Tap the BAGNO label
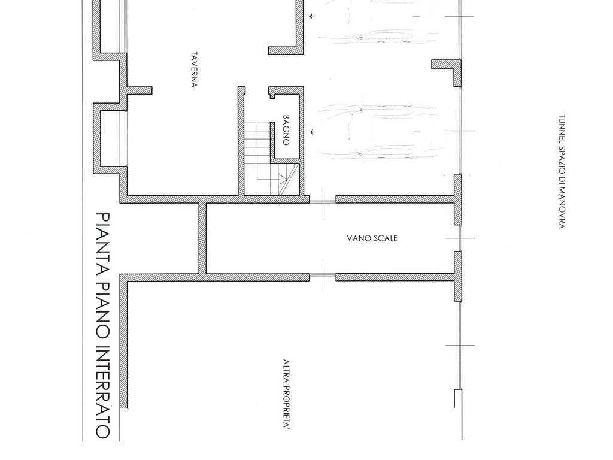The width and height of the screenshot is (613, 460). [286, 130]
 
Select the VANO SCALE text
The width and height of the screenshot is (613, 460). [372, 238]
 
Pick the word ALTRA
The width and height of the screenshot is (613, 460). [286, 371]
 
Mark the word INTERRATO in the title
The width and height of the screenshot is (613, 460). [103, 392]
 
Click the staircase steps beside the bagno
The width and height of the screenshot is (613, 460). [257, 158]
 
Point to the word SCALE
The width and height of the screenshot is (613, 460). [385, 238]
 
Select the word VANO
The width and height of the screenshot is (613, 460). [358, 238]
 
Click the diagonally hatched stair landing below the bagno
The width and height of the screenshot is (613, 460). [288, 180]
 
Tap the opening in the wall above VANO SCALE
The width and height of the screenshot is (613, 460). [323, 202]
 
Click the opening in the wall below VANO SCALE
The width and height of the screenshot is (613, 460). [323, 277]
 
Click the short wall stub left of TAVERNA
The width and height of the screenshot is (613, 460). [139, 90]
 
